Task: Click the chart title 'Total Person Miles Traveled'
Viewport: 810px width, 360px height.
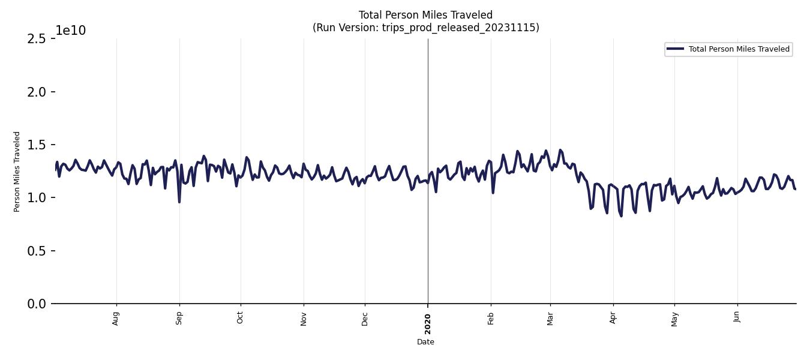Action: coord(425,15)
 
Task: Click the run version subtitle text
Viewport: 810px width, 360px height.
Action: coord(425,28)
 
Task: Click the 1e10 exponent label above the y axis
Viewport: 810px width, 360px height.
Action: coord(71,31)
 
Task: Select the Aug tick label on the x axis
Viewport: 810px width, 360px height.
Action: coord(116,318)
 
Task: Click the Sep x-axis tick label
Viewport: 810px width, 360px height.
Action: coord(179,318)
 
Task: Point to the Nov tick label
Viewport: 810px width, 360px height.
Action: coord(304,318)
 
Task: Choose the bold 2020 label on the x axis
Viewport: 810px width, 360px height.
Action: coord(428,324)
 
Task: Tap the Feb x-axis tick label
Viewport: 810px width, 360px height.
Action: coord(491,318)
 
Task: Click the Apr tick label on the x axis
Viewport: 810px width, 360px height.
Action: coord(613,318)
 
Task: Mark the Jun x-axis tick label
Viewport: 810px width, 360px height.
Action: coord(737,317)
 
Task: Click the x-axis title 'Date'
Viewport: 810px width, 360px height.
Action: coord(425,342)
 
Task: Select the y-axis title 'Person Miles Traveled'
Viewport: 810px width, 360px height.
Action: coord(17,172)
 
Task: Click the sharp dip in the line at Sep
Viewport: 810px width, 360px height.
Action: coord(179,202)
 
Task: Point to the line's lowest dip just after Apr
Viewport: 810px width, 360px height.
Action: coord(621,215)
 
